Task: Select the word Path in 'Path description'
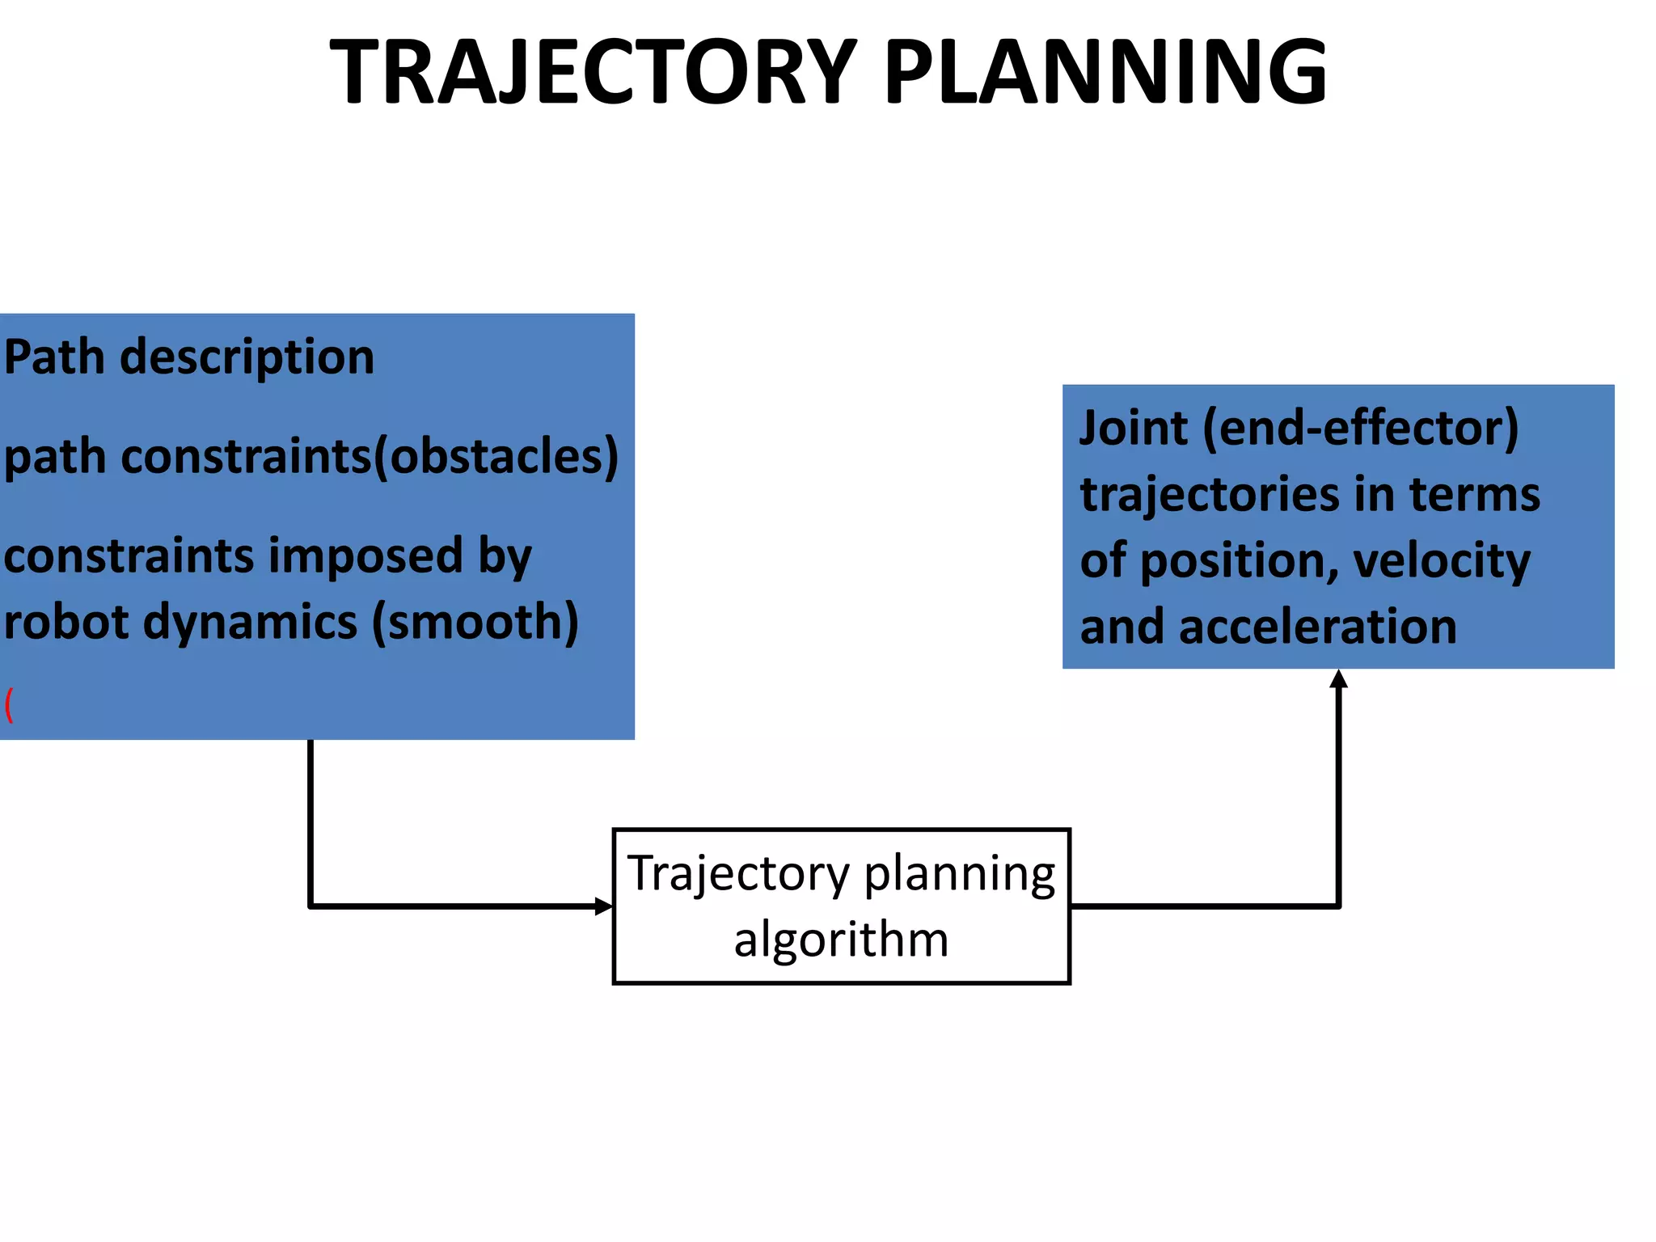point(54,357)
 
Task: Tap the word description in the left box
point(247,358)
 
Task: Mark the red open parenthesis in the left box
point(9,704)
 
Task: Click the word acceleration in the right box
point(1317,627)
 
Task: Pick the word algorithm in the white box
point(841,940)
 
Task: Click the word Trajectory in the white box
point(739,874)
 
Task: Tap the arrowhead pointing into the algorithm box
point(604,906)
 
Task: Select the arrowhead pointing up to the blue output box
point(1339,679)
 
